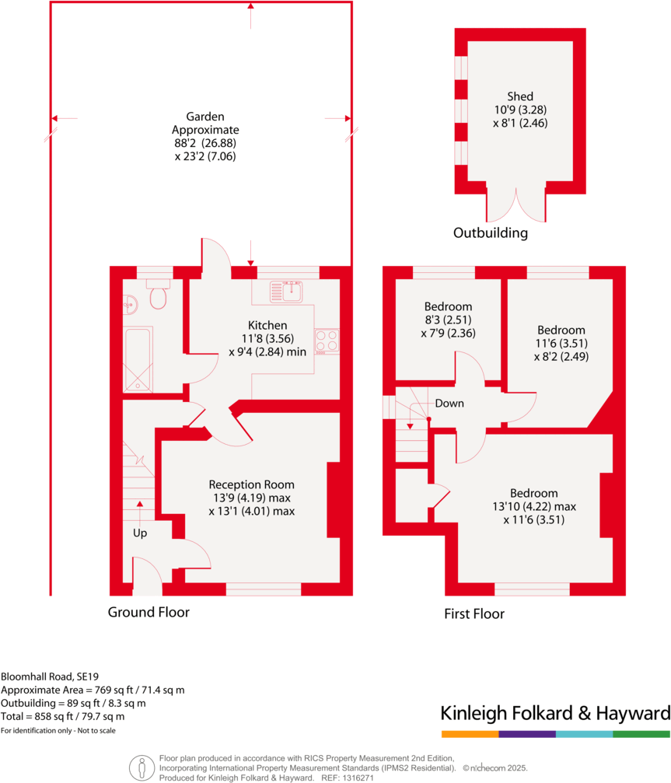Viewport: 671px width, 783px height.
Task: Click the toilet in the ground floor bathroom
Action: pos(159,295)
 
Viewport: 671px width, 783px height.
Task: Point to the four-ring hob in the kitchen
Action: pos(326,341)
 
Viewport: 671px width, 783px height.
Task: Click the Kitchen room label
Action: pos(267,325)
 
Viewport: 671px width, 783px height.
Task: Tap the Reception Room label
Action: pos(251,484)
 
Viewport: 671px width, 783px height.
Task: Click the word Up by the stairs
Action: pos(140,533)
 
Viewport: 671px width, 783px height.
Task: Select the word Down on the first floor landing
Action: pos(450,404)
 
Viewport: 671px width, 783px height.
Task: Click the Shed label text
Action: pos(520,96)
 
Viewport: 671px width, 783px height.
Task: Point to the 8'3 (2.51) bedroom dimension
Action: pos(448,320)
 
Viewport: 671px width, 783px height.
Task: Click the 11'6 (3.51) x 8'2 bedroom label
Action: pos(560,344)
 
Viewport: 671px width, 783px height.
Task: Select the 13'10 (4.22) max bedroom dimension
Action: pos(533,507)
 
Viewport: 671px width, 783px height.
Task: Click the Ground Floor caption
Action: pos(149,612)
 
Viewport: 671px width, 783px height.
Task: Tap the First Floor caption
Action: pos(474,613)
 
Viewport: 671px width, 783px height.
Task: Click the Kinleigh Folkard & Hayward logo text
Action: pos(555,713)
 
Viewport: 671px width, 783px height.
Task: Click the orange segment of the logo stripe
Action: pos(469,733)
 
